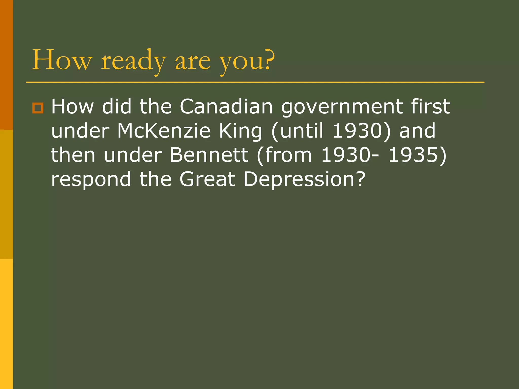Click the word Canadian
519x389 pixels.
point(226,107)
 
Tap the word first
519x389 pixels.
point(431,107)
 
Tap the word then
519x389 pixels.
point(73,155)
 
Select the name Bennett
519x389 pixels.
point(209,155)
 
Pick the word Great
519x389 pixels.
point(208,179)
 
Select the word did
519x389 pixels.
point(117,107)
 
